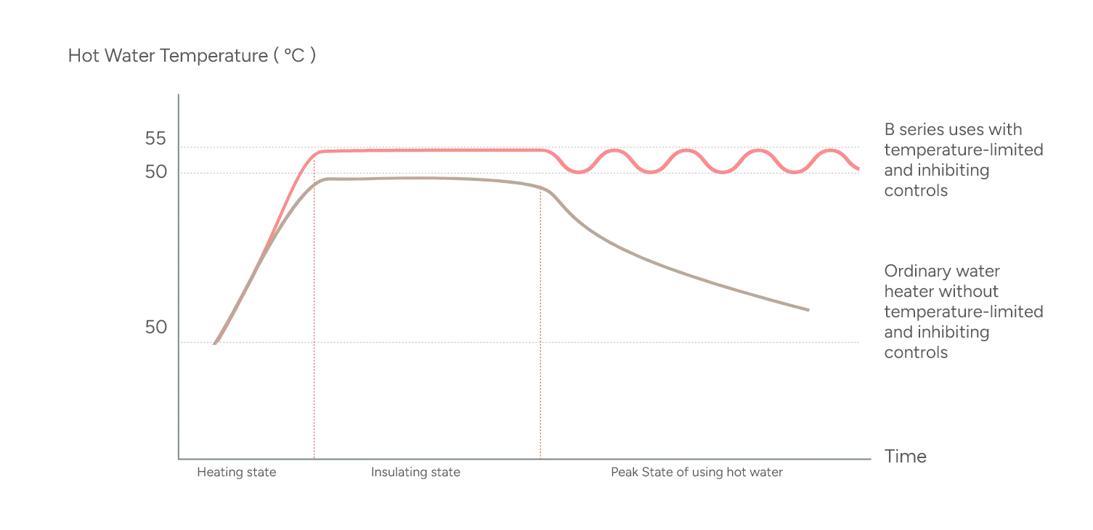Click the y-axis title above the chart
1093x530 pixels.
(x=191, y=56)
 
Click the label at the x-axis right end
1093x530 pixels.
(x=906, y=457)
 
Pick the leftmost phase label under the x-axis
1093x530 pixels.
(x=238, y=474)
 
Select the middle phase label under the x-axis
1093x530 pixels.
(x=418, y=474)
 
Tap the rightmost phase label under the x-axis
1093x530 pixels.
(x=695, y=474)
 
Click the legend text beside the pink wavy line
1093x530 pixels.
(x=963, y=160)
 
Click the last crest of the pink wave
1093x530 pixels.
(x=828, y=151)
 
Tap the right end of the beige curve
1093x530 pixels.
(x=810, y=311)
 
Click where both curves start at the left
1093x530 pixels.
(x=215, y=343)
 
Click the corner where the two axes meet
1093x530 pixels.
(x=176, y=459)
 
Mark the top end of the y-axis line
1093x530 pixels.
(x=176, y=94)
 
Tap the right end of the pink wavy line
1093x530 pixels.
(x=861, y=170)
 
